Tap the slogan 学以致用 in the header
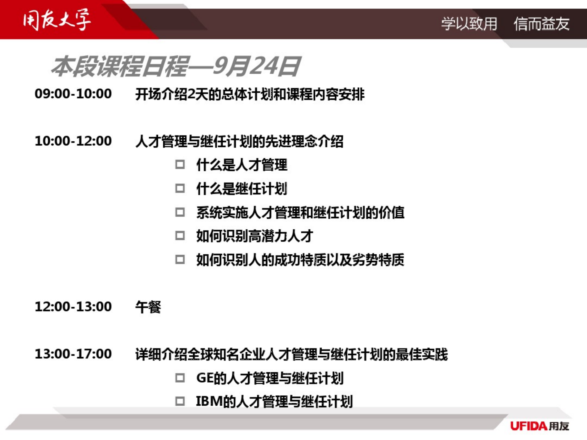click(469, 24)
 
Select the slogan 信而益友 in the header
click(541, 24)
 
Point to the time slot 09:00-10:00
click(73, 94)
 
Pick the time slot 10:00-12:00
click(73, 141)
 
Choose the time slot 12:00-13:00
click(73, 307)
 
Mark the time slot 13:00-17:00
click(73, 354)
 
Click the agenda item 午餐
click(148, 307)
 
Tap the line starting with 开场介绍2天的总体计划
click(250, 94)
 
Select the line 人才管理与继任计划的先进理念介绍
click(239, 141)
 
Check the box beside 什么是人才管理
click(180, 164)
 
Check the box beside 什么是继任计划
click(180, 188)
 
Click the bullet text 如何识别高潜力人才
click(254, 236)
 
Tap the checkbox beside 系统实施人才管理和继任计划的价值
click(180, 212)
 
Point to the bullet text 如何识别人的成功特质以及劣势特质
click(300, 260)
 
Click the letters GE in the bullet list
click(205, 378)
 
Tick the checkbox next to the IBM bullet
click(180, 401)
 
